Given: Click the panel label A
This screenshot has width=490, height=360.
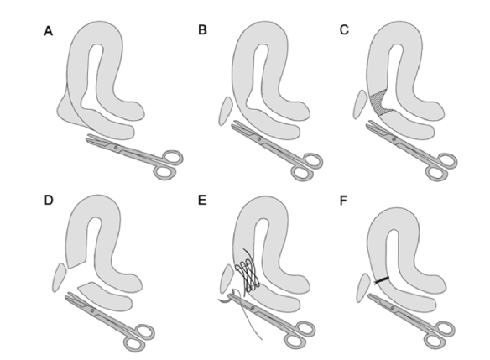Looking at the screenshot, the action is pyautogui.click(x=48, y=31).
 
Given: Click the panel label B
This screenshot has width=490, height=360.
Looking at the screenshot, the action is pyautogui.click(x=202, y=29).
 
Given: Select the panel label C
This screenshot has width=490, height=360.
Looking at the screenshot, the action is pyautogui.click(x=344, y=29).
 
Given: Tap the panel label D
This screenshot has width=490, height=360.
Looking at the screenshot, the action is pyautogui.click(x=49, y=201).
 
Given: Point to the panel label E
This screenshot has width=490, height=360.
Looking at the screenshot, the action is pyautogui.click(x=202, y=201).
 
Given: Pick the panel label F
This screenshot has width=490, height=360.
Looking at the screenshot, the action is pyautogui.click(x=343, y=201).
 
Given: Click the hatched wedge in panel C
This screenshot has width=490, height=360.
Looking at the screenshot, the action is pyautogui.click(x=379, y=102).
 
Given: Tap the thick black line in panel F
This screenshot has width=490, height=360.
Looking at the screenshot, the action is pyautogui.click(x=382, y=280).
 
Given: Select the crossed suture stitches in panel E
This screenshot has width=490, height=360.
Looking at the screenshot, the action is pyautogui.click(x=248, y=275).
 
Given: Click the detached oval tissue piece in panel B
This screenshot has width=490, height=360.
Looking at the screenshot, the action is pyautogui.click(x=226, y=111).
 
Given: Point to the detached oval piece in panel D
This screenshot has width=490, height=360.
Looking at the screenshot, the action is pyautogui.click(x=60, y=277).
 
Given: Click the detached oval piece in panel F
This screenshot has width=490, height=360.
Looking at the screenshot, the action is pyautogui.click(x=364, y=288).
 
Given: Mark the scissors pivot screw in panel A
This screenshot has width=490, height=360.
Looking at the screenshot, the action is pyautogui.click(x=116, y=147).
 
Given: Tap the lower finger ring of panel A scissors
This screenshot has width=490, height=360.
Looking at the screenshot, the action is pyautogui.click(x=165, y=172).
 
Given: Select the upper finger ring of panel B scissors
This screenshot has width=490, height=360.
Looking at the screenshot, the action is pyautogui.click(x=311, y=160).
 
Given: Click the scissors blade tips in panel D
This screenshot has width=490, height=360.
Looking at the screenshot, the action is pyautogui.click(x=68, y=294).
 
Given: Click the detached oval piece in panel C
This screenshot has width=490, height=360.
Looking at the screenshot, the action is pyautogui.click(x=360, y=104).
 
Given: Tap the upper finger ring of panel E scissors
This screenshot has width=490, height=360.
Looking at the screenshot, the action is pyautogui.click(x=304, y=329).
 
